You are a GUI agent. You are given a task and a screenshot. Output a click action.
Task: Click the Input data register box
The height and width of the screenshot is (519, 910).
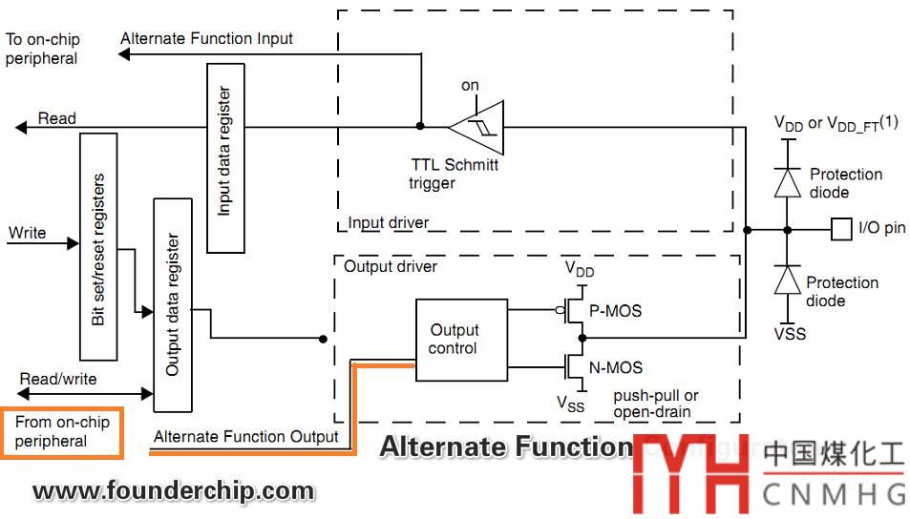coord(225,157)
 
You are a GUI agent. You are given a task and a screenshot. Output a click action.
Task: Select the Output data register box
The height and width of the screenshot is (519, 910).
coord(172,304)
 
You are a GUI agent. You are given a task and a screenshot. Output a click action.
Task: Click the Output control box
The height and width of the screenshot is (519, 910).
coord(454,339)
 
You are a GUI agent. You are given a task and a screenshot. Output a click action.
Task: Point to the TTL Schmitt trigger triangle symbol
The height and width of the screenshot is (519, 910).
coord(474,125)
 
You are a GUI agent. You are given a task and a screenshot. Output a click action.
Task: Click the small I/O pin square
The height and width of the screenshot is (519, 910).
coord(840,228)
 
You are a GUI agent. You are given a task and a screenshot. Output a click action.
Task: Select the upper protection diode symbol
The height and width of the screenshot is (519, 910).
coord(787,180)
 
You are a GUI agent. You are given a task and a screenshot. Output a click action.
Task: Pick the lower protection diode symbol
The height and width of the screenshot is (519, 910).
coord(787,280)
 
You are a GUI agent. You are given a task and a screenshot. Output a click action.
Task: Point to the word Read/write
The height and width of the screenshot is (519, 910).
coord(59,378)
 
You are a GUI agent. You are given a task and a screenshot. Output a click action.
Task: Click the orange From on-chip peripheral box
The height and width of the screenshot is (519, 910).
coord(62,431)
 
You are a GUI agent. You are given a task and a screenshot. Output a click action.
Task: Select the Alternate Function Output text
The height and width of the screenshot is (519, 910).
coord(245,436)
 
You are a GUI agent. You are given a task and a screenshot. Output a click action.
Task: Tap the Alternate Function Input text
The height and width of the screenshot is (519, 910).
coord(207,38)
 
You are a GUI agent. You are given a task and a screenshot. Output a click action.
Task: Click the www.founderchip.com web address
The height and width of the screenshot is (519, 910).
coord(173,492)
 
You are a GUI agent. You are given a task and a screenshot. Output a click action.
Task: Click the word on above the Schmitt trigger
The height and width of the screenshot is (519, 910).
coord(470,86)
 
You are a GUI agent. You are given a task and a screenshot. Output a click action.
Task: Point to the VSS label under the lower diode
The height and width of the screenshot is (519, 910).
coord(790,334)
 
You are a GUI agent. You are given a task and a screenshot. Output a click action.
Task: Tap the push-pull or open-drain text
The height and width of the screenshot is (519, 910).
coord(655,403)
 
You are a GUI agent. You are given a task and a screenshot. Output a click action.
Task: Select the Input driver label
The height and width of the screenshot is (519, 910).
coord(388,222)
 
